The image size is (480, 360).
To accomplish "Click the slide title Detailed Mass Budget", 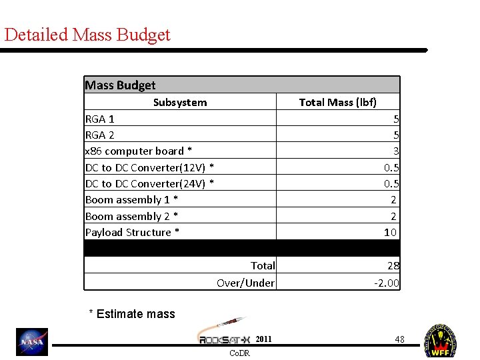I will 87,35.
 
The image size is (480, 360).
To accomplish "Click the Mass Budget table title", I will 120,85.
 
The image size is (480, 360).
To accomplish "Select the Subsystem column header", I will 180,102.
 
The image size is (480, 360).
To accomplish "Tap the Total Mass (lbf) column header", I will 337,102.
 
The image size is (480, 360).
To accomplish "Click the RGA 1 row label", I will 100,119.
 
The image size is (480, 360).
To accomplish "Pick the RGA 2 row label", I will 100,135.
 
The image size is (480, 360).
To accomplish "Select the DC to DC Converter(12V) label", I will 149,167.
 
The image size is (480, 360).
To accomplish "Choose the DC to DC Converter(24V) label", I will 149,183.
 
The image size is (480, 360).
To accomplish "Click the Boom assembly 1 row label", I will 131,199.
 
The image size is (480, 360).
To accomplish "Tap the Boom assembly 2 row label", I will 131,216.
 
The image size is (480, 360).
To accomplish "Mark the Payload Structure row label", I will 132,232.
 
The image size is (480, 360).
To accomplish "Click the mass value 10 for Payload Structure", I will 391,232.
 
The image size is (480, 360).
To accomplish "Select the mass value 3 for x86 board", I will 395,151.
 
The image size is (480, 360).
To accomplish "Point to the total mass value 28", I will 393,265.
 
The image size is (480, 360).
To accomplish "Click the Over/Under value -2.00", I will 387,283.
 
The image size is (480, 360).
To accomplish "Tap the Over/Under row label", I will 245,283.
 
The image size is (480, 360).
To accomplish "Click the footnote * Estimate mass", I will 132,313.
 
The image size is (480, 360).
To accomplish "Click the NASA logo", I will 32,342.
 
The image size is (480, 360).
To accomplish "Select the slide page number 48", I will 399,339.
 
